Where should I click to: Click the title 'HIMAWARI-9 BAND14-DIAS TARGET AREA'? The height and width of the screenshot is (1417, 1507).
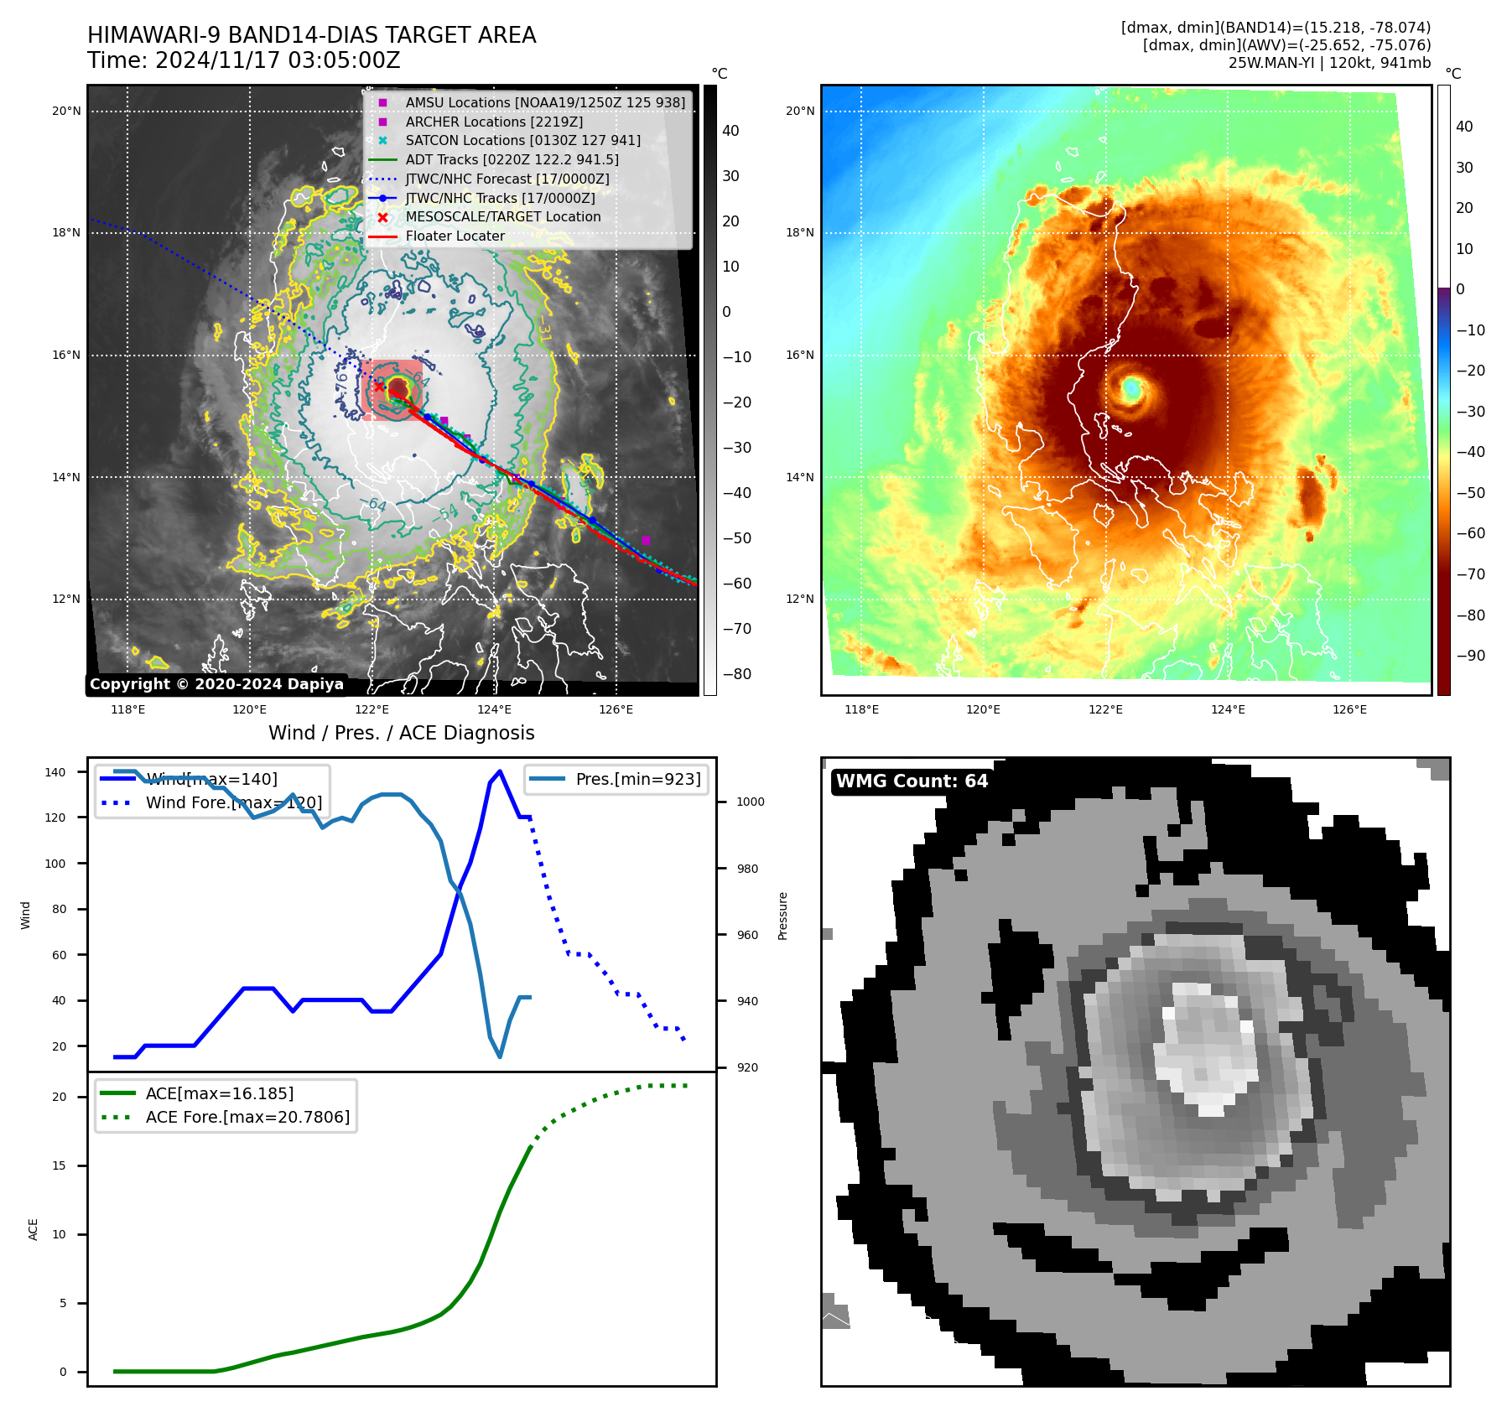tap(311, 35)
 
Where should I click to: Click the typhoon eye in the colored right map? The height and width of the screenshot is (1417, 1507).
tap(1131, 388)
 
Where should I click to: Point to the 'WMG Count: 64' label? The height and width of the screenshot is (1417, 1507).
tap(912, 781)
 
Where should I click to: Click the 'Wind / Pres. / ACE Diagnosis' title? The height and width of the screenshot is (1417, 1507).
tap(401, 733)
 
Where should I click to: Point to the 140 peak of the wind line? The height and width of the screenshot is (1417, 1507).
tap(500, 771)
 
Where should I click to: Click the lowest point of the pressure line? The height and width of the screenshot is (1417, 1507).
tap(500, 1056)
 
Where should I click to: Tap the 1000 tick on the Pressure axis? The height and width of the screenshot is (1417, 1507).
tap(750, 802)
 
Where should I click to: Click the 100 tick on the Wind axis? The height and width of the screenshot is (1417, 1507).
tap(55, 864)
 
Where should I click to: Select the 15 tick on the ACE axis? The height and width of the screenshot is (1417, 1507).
tap(59, 1165)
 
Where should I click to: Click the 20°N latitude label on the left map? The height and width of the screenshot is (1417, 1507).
tap(66, 111)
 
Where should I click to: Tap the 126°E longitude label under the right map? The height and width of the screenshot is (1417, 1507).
tap(1349, 709)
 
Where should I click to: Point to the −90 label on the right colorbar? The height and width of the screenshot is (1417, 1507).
tap(1470, 656)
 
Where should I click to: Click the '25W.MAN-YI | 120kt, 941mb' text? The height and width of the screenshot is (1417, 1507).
tap(1329, 63)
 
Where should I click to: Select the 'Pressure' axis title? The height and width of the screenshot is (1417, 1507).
tap(782, 916)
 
